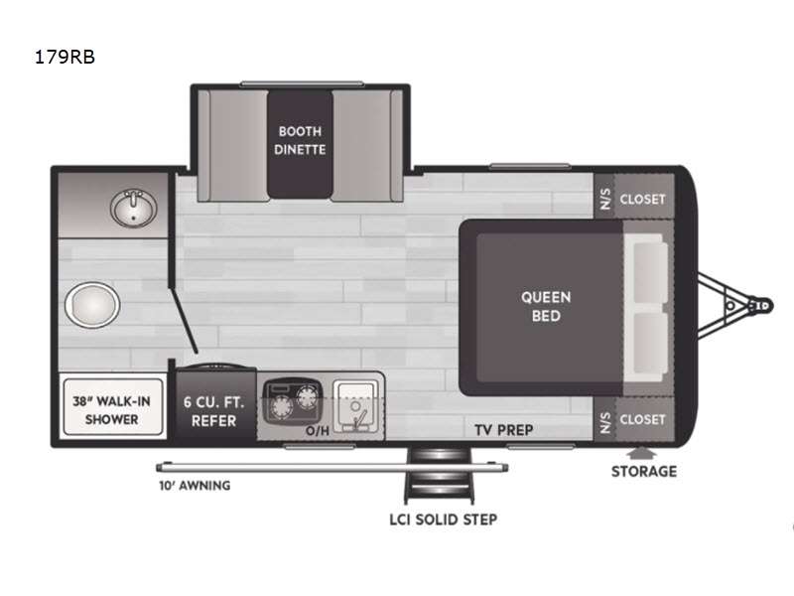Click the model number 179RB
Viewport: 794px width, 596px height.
pos(65,57)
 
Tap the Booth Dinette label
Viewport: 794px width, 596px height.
pos(300,140)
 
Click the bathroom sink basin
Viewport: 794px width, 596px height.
pos(133,208)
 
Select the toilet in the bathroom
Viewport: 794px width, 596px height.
pos(92,305)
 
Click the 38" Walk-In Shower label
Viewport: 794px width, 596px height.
pos(112,410)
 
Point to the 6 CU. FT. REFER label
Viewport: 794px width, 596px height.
pos(213,411)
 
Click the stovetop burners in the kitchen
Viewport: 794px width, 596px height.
pos(293,401)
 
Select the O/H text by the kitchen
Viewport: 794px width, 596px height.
pos(318,431)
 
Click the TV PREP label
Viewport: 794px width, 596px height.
pos(504,430)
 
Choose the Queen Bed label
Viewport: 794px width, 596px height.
pos(546,306)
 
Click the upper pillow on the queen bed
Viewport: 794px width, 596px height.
pos(651,271)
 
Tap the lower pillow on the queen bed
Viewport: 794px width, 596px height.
pos(651,343)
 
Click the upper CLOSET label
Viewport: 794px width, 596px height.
pos(642,200)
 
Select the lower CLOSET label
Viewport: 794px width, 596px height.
pos(642,419)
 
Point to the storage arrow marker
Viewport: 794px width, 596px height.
pos(641,453)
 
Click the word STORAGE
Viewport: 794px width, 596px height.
pos(644,471)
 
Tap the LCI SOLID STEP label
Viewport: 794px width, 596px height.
pos(443,520)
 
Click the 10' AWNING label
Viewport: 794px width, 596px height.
pos(195,486)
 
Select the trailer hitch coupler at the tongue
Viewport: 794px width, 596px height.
pos(760,306)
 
